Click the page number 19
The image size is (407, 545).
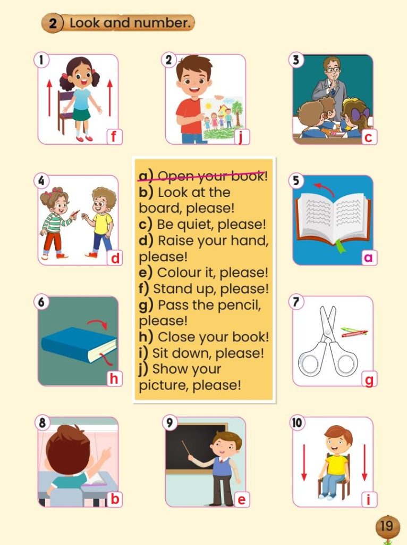(386, 525)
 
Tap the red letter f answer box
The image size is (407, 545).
(114, 136)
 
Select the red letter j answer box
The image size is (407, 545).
(242, 136)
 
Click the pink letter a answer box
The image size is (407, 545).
(369, 257)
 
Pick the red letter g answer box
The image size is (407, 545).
(369, 379)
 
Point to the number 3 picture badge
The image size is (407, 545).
(296, 60)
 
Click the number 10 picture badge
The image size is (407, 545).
(297, 423)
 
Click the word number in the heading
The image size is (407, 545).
(163, 23)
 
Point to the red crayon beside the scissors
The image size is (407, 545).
(354, 334)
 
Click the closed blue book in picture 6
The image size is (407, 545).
(79, 344)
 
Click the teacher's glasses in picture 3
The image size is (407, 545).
(334, 70)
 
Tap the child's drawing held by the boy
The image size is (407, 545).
(222, 118)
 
